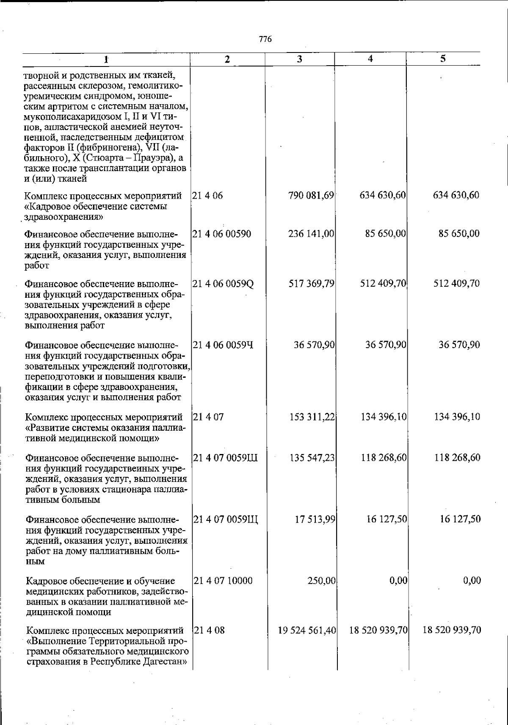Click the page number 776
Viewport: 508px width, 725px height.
265,39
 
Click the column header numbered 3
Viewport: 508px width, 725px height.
299,59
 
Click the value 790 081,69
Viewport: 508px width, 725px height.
312,196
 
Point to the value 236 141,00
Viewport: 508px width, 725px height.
312,234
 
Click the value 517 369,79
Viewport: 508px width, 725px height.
312,283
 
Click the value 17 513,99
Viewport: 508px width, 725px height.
315,519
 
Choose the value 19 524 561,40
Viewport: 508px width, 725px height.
307,630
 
